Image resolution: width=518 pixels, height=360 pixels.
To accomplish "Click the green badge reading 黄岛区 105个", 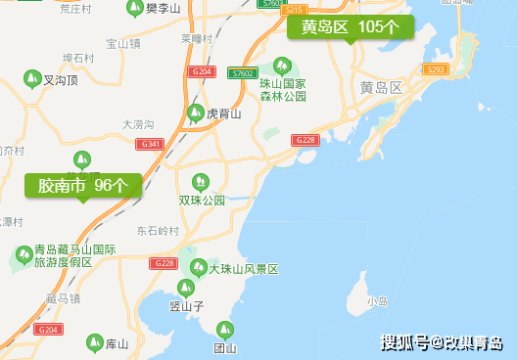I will tap(350, 27).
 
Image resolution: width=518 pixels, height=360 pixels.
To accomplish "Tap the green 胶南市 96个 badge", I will tap(83, 184).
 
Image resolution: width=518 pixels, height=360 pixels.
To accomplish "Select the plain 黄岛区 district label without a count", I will tap(381, 87).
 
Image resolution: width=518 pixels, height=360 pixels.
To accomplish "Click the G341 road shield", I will tap(151, 144).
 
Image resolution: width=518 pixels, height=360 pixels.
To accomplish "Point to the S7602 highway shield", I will tap(242, 73).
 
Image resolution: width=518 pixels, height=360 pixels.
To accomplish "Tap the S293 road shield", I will tap(437, 69).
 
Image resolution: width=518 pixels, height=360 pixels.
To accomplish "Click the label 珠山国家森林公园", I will tap(283, 90).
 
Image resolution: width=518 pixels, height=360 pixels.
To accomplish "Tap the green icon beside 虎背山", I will tap(196, 112).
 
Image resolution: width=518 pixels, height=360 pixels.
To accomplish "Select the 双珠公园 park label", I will tap(202, 201).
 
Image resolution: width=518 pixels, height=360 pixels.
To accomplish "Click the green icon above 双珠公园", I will tap(201, 181).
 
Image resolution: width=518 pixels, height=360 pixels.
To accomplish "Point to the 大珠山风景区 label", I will tap(244, 269).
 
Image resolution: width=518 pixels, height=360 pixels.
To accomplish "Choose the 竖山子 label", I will tap(185, 306).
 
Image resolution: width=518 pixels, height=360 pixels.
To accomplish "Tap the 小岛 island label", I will tap(377, 301).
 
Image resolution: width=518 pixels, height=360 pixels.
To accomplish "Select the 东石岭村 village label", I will tap(159, 232).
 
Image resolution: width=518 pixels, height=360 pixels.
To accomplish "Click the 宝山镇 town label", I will tap(123, 44).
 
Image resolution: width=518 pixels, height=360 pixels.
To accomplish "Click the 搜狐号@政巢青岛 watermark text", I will tap(442, 342).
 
